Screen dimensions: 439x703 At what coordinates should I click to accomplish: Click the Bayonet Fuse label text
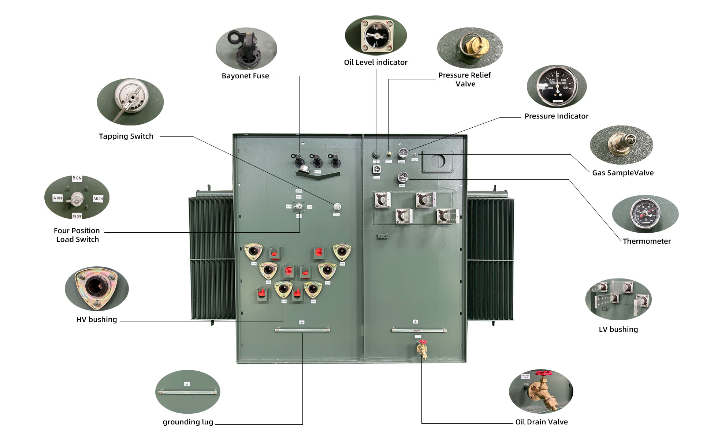point(245,76)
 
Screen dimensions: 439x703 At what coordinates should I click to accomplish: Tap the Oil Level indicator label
point(376,63)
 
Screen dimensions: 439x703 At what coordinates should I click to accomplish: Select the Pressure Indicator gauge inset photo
point(557,87)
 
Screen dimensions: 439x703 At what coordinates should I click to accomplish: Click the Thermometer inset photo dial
point(645,214)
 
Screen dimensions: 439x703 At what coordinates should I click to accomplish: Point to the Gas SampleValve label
point(623,173)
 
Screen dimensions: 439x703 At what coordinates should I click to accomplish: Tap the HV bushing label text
point(97,320)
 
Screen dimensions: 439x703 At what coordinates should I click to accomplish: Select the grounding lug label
point(188,422)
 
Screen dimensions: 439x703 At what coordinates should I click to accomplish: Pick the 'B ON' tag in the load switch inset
point(77,179)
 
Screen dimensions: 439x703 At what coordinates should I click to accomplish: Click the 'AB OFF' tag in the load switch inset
point(77,216)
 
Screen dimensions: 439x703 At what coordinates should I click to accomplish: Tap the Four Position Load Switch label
point(77,235)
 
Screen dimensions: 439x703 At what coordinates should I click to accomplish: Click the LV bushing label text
point(618,330)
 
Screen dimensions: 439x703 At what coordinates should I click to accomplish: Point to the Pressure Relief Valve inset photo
point(470,48)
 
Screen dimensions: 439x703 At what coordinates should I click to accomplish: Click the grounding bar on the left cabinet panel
point(302,330)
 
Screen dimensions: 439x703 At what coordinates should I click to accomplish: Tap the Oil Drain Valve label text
point(542,422)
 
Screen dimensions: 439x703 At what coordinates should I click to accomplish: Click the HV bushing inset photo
point(97,288)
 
